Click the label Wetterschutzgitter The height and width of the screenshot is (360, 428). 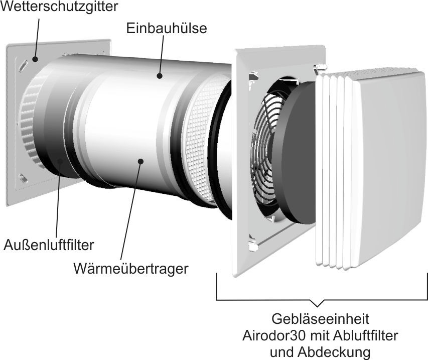[59, 6]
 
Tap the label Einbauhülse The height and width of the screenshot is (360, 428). [167, 28]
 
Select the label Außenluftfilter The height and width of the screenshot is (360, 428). [49, 245]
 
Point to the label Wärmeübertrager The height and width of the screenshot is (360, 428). [131, 269]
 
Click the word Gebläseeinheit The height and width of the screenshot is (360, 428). [321, 319]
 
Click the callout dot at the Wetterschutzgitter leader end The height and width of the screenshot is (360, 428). [35, 59]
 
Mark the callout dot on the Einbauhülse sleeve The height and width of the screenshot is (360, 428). [160, 76]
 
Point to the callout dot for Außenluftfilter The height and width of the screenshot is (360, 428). [60, 161]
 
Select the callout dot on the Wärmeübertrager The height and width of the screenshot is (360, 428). [140, 161]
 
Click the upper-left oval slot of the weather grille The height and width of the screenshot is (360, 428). [23, 66]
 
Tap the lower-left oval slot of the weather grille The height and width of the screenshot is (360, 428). [24, 179]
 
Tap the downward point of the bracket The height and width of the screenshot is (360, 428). [318, 306]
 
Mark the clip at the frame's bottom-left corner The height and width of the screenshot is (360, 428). [253, 245]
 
